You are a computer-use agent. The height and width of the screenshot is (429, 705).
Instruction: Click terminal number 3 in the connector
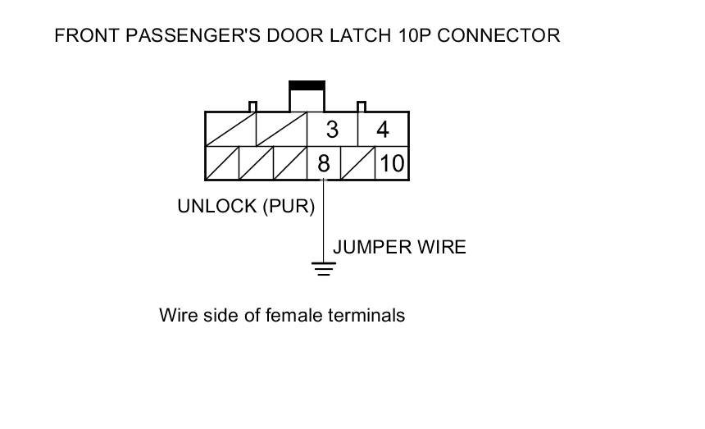(x=332, y=130)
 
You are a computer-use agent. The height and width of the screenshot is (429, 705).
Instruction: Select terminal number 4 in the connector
(x=383, y=130)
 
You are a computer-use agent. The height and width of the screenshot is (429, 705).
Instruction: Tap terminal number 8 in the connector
(x=323, y=164)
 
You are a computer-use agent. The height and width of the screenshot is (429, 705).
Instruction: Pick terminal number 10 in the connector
(x=392, y=164)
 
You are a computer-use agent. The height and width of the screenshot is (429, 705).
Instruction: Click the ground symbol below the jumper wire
(x=325, y=268)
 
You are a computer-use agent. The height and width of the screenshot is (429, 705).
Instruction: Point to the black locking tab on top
(x=307, y=84)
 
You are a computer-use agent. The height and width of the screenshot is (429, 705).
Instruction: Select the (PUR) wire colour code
(x=289, y=207)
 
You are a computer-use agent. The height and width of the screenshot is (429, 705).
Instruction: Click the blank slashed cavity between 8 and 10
(x=357, y=163)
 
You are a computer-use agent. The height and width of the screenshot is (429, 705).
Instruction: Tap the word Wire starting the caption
(x=177, y=315)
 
